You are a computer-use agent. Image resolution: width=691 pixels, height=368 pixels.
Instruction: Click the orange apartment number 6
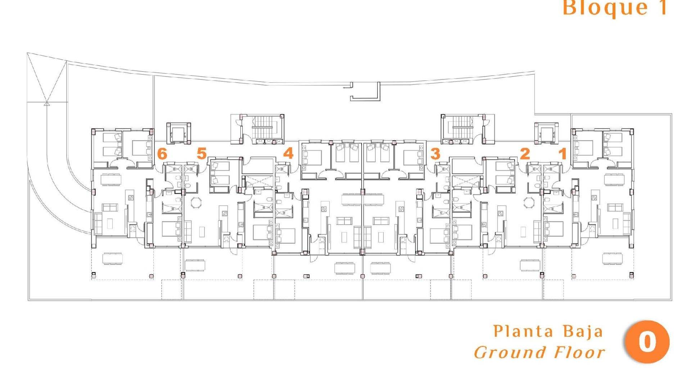(162, 154)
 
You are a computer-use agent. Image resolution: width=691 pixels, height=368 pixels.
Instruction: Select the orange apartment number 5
(202, 153)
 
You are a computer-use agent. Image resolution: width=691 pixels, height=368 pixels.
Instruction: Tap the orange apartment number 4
(288, 153)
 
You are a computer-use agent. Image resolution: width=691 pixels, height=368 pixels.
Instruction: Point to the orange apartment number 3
(435, 154)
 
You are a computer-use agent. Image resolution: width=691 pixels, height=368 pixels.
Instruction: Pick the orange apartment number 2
(525, 154)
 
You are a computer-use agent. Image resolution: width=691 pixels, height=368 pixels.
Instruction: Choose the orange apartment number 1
(563, 154)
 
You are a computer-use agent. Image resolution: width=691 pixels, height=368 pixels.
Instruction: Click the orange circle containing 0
(647, 342)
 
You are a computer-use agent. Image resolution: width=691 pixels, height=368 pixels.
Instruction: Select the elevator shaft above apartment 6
(179, 133)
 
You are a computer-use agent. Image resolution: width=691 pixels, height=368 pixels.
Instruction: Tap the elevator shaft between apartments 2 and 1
(546, 133)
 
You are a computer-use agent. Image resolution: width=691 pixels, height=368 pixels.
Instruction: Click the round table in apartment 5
(197, 202)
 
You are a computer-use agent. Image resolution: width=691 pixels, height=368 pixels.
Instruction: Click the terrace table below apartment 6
(113, 258)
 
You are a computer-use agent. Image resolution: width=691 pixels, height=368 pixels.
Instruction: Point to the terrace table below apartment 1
(612, 258)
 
